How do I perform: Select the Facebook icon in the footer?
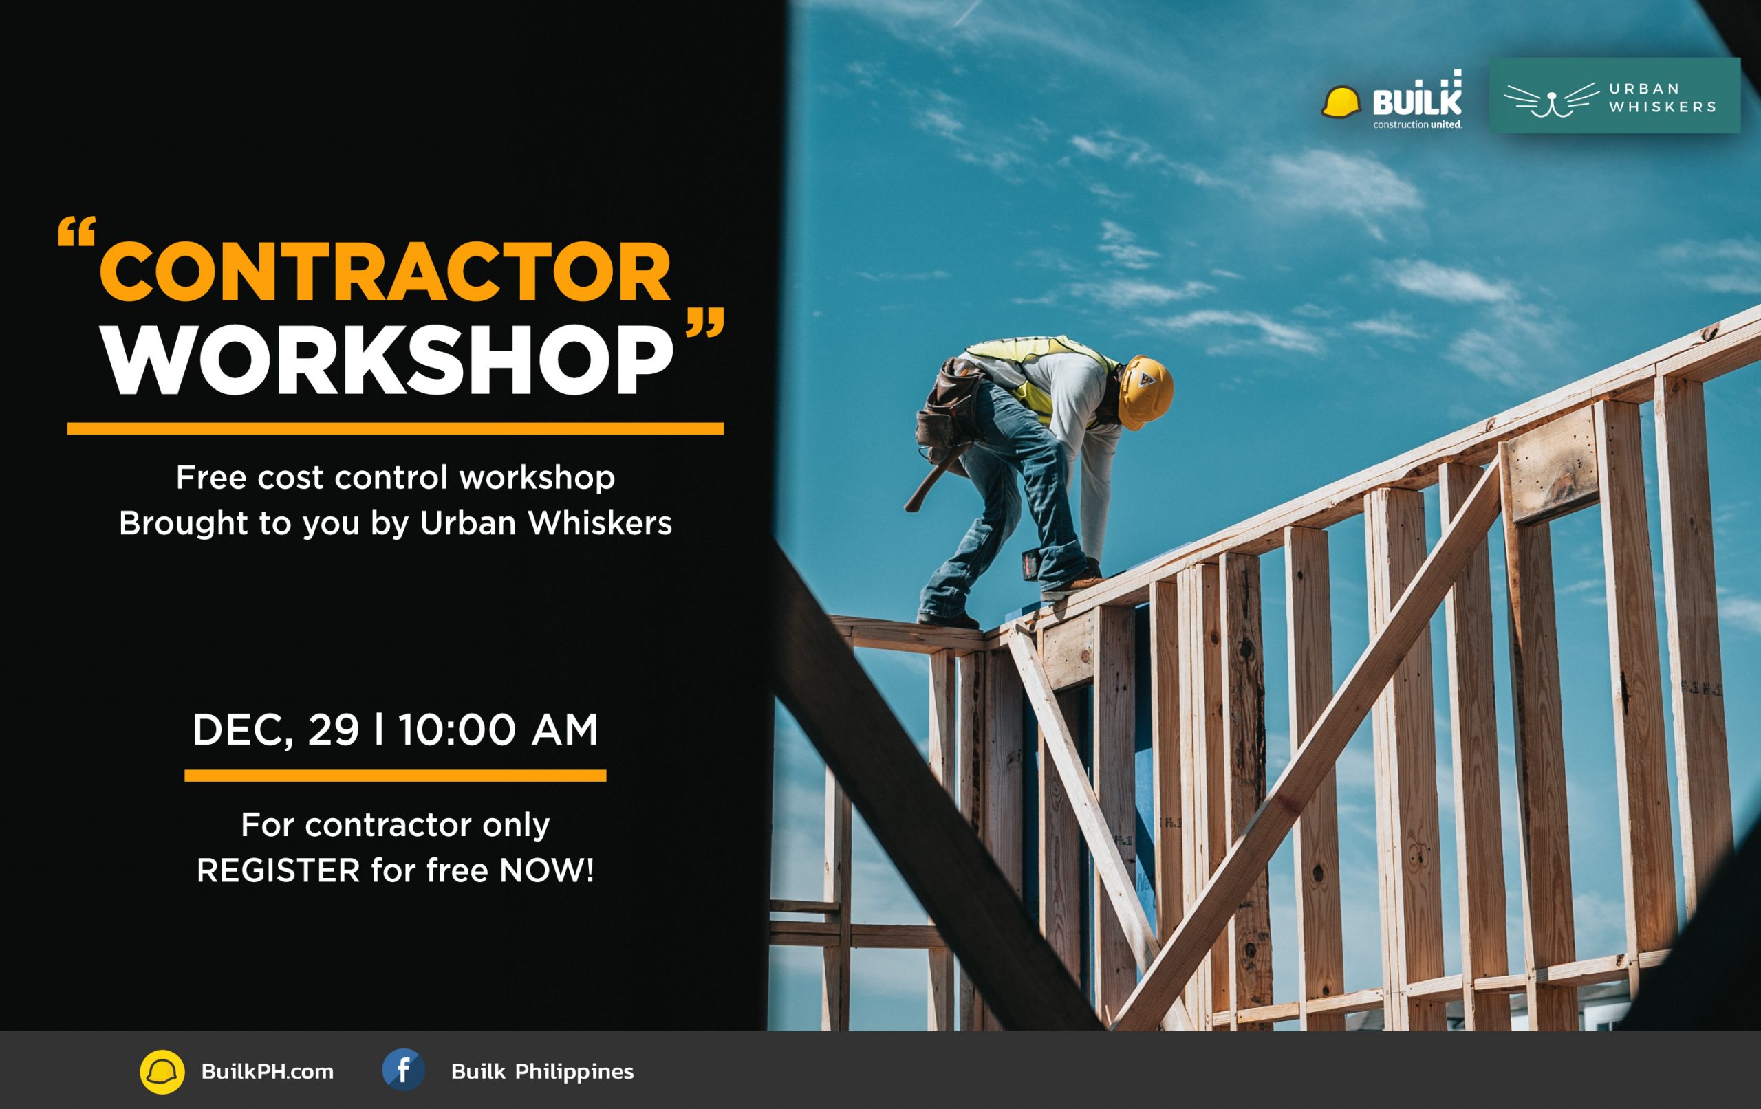click(403, 1070)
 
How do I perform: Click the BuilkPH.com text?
click(267, 1072)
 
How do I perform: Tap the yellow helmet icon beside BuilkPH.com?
click(162, 1072)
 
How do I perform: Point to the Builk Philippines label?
click(543, 1072)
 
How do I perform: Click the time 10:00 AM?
click(498, 730)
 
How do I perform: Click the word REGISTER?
click(279, 870)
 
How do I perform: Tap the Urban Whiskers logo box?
click(1614, 96)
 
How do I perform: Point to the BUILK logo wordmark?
click(1417, 103)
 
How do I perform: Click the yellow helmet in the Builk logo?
click(1341, 102)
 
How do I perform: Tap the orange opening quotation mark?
click(76, 234)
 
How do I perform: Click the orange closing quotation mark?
click(705, 322)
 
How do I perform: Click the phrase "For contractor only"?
click(395, 825)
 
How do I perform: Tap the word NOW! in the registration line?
click(546, 870)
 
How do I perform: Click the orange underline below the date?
click(395, 776)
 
